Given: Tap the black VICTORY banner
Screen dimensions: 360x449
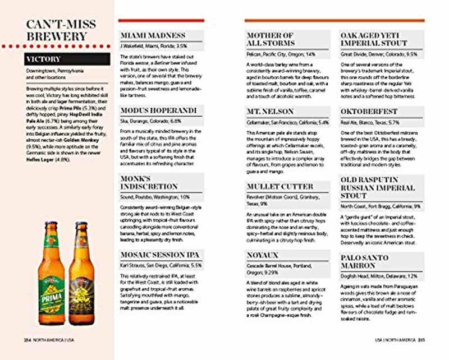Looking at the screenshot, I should [62, 59].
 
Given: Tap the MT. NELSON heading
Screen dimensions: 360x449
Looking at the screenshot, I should [268, 112].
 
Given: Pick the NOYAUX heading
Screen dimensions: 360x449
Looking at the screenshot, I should [263, 255].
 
